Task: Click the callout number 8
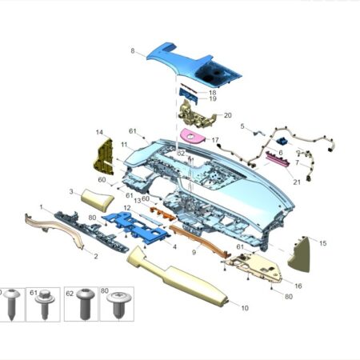click(x=133, y=50)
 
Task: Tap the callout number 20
click(x=227, y=115)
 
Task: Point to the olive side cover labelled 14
click(x=103, y=156)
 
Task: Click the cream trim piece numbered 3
click(x=98, y=200)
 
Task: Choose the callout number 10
click(x=245, y=308)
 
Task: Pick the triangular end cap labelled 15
click(x=299, y=254)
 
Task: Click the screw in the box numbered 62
click(x=86, y=303)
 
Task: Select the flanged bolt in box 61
click(x=45, y=304)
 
